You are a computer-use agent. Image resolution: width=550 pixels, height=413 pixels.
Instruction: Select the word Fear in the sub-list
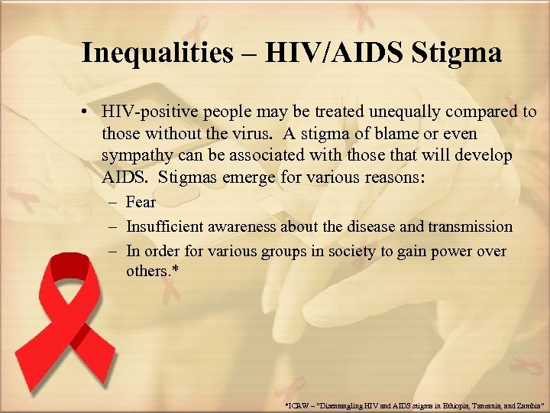point(141,203)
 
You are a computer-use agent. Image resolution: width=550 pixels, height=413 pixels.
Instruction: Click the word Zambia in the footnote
point(528,403)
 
